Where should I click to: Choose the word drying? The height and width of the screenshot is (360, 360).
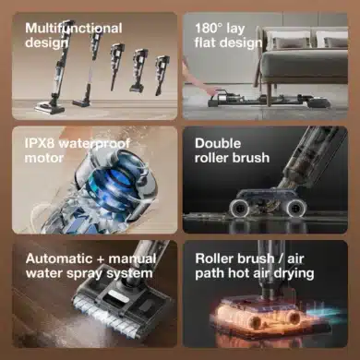[294, 272]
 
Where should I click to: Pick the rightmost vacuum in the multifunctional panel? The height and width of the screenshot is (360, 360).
[162, 74]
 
